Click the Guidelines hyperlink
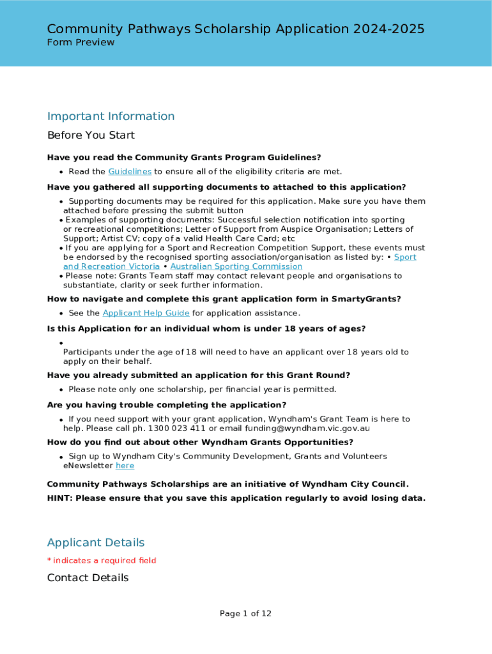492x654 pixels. tap(130, 171)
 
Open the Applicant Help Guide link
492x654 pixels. tap(146, 313)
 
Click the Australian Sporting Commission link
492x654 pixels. tap(236, 266)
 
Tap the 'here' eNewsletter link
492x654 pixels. tap(125, 466)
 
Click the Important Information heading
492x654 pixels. tap(111, 116)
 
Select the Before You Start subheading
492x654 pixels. tap(91, 135)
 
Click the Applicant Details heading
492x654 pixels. tap(96, 542)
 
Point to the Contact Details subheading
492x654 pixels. tap(88, 577)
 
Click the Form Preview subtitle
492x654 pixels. tap(81, 42)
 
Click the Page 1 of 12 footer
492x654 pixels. tap(245, 614)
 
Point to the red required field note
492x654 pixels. tap(102, 561)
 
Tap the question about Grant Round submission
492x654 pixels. tap(199, 375)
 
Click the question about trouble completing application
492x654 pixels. tap(167, 405)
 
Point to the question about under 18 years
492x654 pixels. tap(206, 329)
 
